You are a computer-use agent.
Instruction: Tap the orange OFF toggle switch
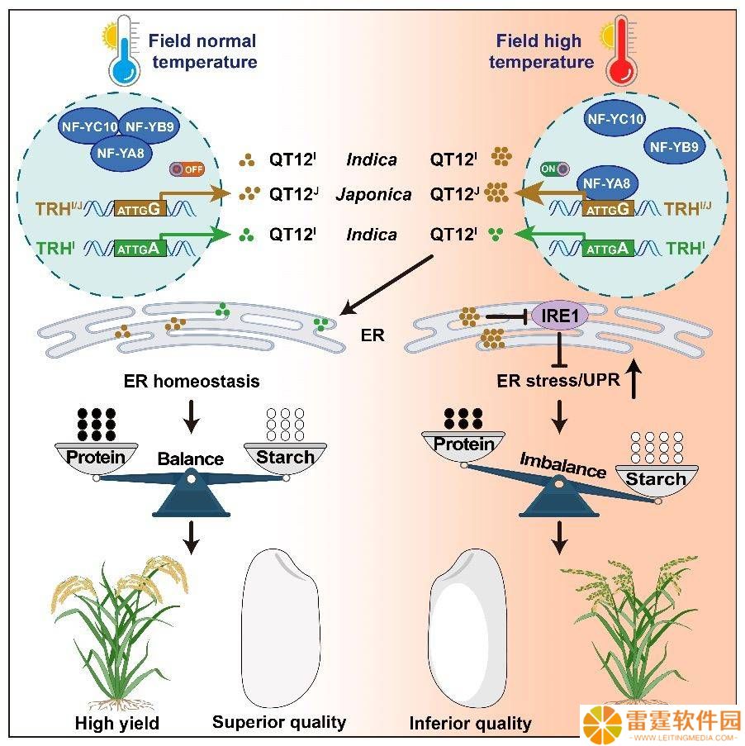[x=187, y=169]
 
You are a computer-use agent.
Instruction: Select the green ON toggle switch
[x=555, y=169]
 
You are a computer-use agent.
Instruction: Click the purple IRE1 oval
[x=559, y=315]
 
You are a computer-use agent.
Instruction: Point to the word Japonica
[x=373, y=195]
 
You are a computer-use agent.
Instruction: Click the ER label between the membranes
[x=372, y=335]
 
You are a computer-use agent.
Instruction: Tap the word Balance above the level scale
[x=190, y=459]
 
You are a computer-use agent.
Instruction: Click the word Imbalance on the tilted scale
[x=562, y=465]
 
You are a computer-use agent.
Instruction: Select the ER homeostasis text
[x=192, y=381]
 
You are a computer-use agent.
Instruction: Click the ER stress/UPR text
[x=558, y=381]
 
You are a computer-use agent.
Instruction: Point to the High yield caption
[x=117, y=723]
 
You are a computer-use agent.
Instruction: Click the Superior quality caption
[x=279, y=722]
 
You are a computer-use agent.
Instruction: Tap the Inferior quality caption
[x=470, y=723]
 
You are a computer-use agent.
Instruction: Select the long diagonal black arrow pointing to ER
[x=387, y=285]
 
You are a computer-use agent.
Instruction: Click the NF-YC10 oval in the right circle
[x=615, y=118]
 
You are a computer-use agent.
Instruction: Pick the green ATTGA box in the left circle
[x=140, y=249]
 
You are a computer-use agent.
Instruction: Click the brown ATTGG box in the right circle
[x=608, y=208]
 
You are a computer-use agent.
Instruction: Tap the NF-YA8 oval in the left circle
[x=121, y=153]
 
